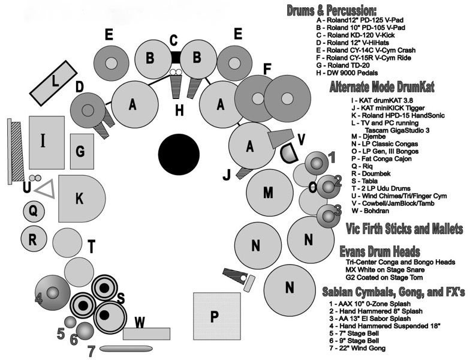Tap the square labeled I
point(46,142)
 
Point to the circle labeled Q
point(33,211)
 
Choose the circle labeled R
point(34,239)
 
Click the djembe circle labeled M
point(268,192)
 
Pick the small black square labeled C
point(174,57)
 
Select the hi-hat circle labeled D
point(88,109)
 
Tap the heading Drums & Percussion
point(331,11)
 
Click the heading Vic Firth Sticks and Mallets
point(405,229)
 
